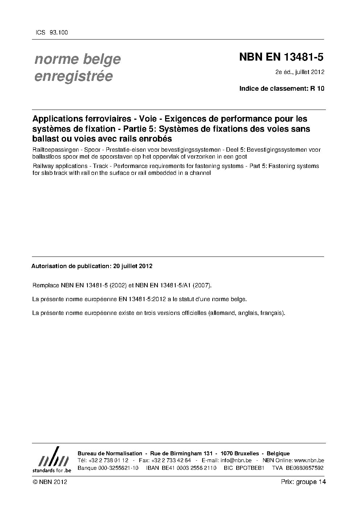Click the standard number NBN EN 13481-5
[281, 57]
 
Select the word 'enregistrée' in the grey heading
[73, 77]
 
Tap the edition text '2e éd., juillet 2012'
[300, 72]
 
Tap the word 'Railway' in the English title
[43, 166]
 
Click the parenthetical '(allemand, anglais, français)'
[247, 313]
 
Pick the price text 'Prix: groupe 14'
[303, 482]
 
